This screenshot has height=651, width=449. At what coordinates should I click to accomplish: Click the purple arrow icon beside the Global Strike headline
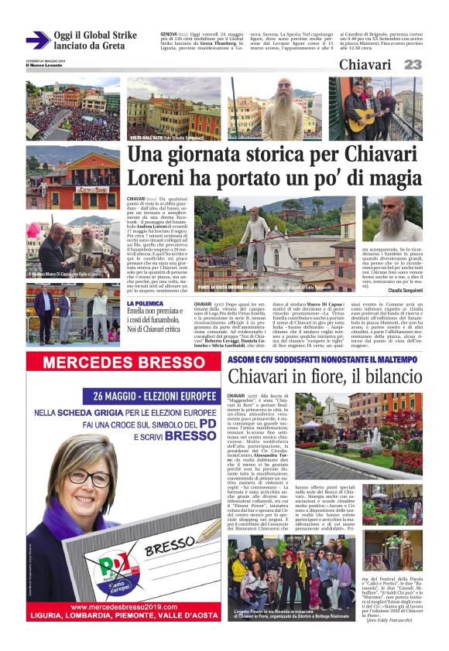pos(38,39)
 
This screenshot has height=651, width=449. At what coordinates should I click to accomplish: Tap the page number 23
pos(413,65)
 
